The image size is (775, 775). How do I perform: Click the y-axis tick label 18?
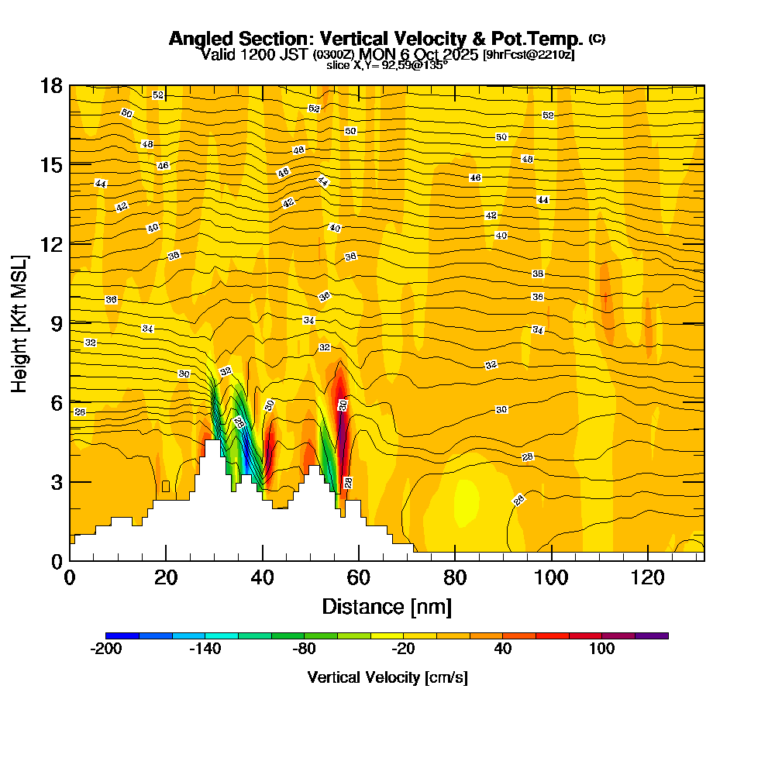[x=51, y=85]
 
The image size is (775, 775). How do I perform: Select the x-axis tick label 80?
[x=455, y=577]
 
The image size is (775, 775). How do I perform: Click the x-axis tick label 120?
[x=647, y=577]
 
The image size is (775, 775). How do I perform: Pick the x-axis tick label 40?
[x=263, y=577]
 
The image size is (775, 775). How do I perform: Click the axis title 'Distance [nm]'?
[x=387, y=606]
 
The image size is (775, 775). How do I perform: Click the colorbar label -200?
[x=106, y=649]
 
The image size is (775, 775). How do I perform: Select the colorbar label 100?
[x=601, y=649]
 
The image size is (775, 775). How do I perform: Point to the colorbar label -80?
[x=305, y=649]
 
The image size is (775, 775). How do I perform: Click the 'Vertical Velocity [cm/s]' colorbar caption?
[x=387, y=677]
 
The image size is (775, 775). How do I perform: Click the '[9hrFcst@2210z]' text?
[x=529, y=55]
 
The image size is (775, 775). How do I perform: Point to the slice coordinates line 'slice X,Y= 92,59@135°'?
[x=387, y=66]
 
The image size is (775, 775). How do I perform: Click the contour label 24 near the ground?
[x=519, y=499]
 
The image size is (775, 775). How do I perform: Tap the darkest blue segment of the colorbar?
[x=122, y=635]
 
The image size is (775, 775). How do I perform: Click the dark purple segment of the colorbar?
[x=651, y=635]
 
